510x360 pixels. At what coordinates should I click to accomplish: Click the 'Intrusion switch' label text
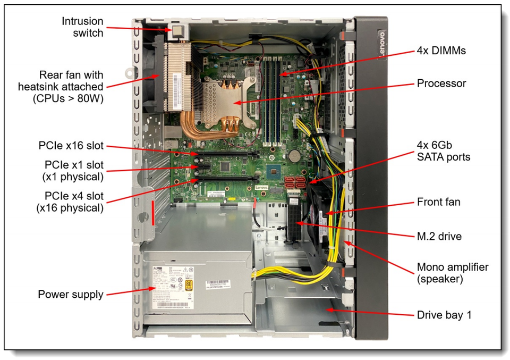click(82, 27)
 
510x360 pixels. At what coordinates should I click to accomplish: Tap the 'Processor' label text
click(441, 83)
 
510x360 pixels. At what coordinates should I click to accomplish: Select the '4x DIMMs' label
click(441, 52)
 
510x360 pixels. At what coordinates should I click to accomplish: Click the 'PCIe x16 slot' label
click(71, 146)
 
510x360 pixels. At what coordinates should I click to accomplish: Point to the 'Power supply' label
click(71, 294)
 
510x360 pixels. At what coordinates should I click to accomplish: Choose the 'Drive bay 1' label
click(444, 315)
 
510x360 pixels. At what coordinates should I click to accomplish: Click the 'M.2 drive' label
click(439, 236)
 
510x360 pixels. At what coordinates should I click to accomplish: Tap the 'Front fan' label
click(438, 202)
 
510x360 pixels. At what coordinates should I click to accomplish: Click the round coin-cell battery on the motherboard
click(294, 155)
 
